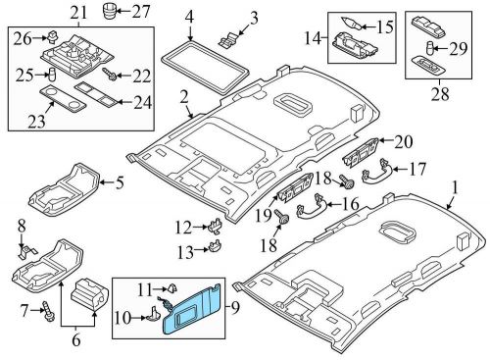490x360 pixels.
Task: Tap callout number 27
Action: point(142,13)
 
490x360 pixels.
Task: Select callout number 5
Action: point(120,181)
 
